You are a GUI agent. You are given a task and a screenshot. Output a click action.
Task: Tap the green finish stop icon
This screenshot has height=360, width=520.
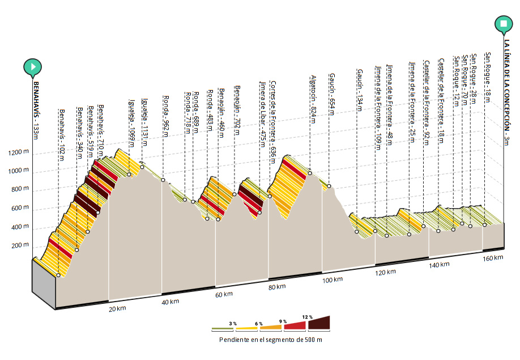pos(504,24)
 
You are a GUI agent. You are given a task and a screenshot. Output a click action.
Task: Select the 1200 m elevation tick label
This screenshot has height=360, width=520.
pos(18,153)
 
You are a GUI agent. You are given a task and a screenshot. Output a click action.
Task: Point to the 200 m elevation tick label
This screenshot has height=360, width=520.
pos(20,245)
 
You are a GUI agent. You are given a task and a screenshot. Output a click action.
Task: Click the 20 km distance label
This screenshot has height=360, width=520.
pos(116,308)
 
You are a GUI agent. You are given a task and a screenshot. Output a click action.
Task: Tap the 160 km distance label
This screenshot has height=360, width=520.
pos(494,258)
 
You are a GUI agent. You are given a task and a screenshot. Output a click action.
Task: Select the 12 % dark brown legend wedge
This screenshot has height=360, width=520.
pos(319,324)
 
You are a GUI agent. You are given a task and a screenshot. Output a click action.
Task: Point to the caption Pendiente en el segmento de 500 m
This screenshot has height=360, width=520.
pos(271,340)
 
